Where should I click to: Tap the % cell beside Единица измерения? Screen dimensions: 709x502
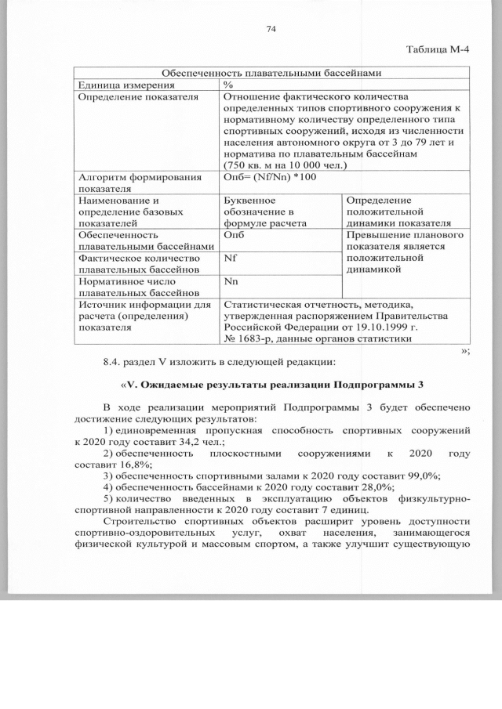228,85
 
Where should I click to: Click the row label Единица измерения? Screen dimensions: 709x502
125,85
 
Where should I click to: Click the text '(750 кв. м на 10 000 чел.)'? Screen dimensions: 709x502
285,165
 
